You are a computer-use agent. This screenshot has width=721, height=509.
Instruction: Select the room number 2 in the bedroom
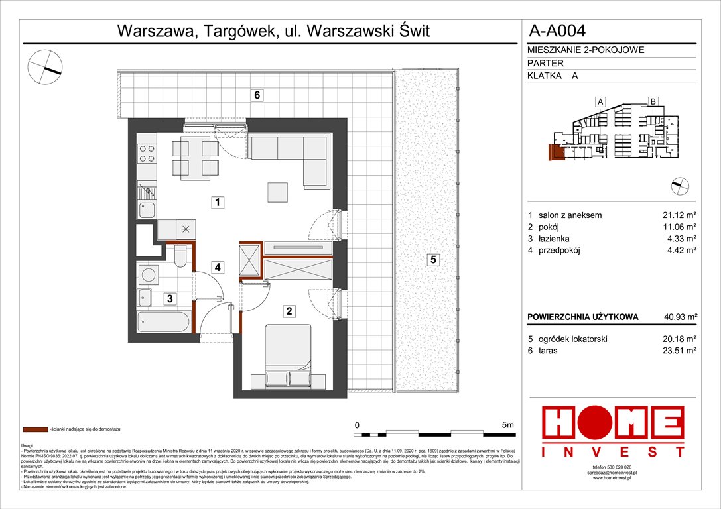tap(289, 310)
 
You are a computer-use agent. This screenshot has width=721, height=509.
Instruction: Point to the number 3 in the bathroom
tap(170, 299)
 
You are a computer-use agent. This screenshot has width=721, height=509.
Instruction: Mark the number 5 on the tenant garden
tap(432, 260)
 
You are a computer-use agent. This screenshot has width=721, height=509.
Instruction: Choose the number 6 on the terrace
tap(257, 95)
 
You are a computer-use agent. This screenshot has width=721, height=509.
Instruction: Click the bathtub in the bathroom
tap(164, 323)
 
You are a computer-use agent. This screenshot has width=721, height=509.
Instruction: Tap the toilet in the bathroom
tap(179, 254)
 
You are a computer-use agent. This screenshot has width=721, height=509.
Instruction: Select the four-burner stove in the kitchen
tap(147, 154)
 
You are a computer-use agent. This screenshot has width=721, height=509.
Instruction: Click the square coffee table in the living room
tap(279, 192)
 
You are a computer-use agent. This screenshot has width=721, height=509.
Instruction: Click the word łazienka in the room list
tap(553, 239)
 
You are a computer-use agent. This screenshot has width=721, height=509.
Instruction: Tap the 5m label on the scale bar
tap(509, 425)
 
